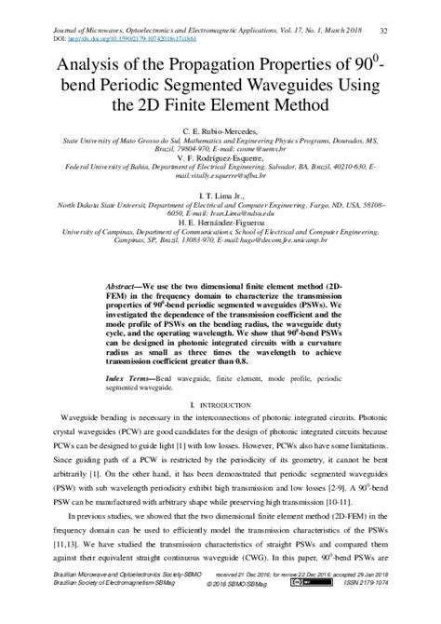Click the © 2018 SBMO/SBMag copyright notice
[x=221, y=610]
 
